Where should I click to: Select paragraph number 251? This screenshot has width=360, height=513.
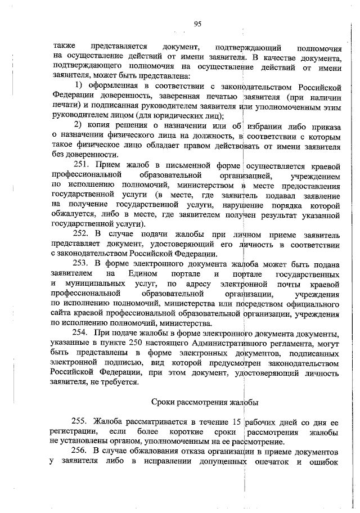point(83,166)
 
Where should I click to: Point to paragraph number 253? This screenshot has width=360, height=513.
point(83,263)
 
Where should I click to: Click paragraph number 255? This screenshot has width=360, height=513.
point(83,421)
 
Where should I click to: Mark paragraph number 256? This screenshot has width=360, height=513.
point(83,452)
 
